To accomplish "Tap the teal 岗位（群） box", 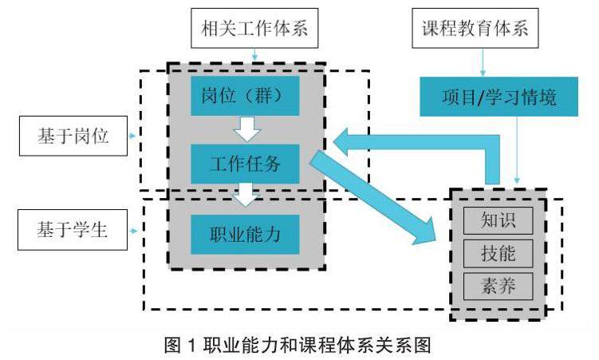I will pyautogui.click(x=245, y=97).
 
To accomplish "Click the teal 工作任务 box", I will pyautogui.click(x=245, y=164).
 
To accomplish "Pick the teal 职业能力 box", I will pyautogui.click(x=245, y=234).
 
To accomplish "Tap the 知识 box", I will pyautogui.click(x=497, y=219).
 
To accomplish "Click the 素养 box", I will pyautogui.click(x=497, y=286).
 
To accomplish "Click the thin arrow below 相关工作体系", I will pyautogui.click(x=253, y=56).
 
